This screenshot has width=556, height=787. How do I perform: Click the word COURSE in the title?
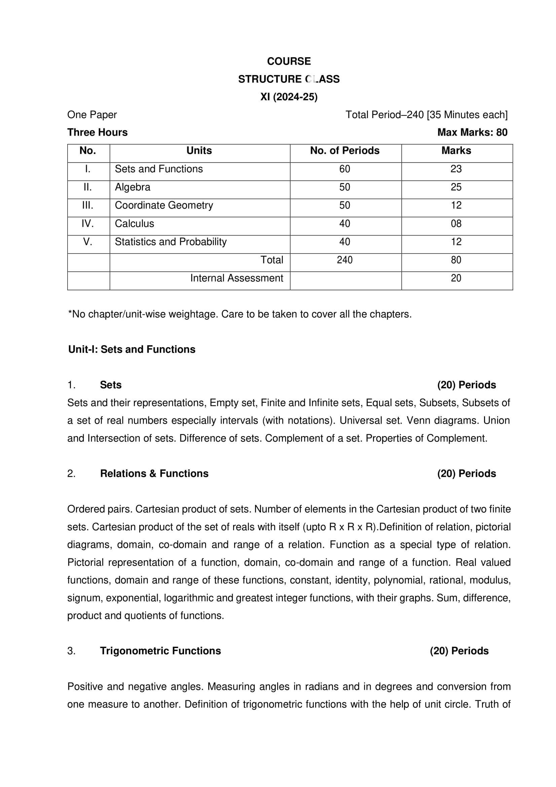pos(289,61)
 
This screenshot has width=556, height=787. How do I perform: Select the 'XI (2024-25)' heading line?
pos(289,97)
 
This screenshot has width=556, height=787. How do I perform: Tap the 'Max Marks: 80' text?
pos(472,132)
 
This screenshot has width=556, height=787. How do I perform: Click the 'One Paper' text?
pos(92,114)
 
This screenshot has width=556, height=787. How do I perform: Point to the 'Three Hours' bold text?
pos(97,132)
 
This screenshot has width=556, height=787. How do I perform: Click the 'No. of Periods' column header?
pos(345,150)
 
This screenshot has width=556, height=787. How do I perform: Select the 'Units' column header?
pos(199,150)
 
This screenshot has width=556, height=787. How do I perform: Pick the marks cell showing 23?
pos(456,169)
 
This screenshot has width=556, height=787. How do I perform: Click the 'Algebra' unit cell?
pos(133,187)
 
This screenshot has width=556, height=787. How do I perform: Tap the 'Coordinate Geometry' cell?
pos(164,205)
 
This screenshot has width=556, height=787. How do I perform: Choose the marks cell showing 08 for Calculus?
pos(456,223)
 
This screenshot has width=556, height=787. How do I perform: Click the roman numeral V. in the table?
pos(88,242)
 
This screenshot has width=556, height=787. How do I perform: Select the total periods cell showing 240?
pos(345,260)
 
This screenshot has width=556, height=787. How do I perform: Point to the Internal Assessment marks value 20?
pos(456,278)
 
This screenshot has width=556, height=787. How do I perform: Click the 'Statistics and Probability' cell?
pos(171,242)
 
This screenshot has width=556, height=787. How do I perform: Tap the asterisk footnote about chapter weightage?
pos(240,314)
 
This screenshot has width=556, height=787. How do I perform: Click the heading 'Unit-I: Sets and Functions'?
pos(132,349)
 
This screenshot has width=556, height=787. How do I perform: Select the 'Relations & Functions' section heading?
pos(154,473)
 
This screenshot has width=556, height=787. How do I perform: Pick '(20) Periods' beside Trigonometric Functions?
pos(459,651)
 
